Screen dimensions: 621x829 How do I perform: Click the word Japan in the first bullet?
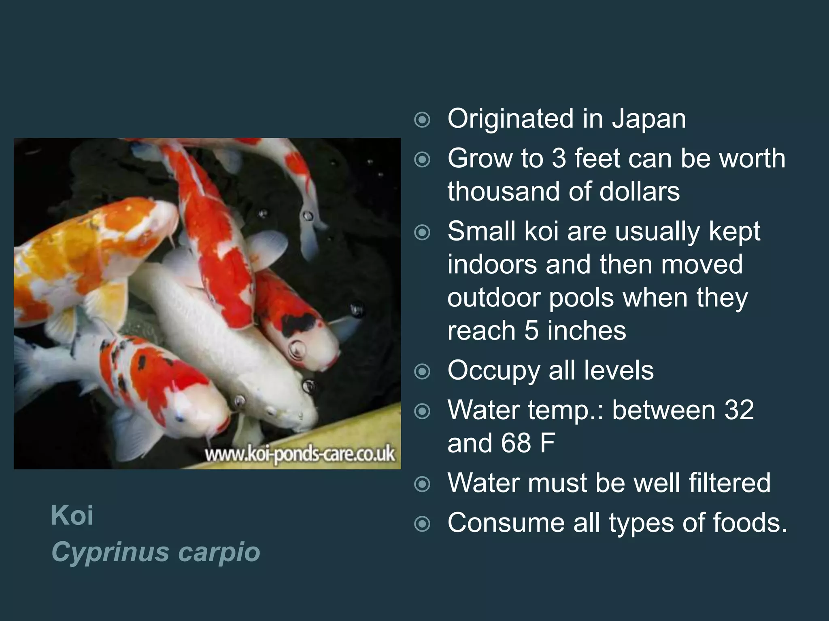648,119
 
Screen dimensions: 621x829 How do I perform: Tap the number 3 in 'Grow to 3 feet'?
559,158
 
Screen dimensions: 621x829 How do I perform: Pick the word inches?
587,331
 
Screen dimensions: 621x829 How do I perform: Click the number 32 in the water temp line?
739,410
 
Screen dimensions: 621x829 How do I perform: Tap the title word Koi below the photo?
72,515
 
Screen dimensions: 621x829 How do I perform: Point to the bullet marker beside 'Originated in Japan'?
422,120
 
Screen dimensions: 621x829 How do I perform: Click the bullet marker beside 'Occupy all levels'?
422,372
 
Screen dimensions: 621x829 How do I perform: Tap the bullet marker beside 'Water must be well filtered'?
422,484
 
